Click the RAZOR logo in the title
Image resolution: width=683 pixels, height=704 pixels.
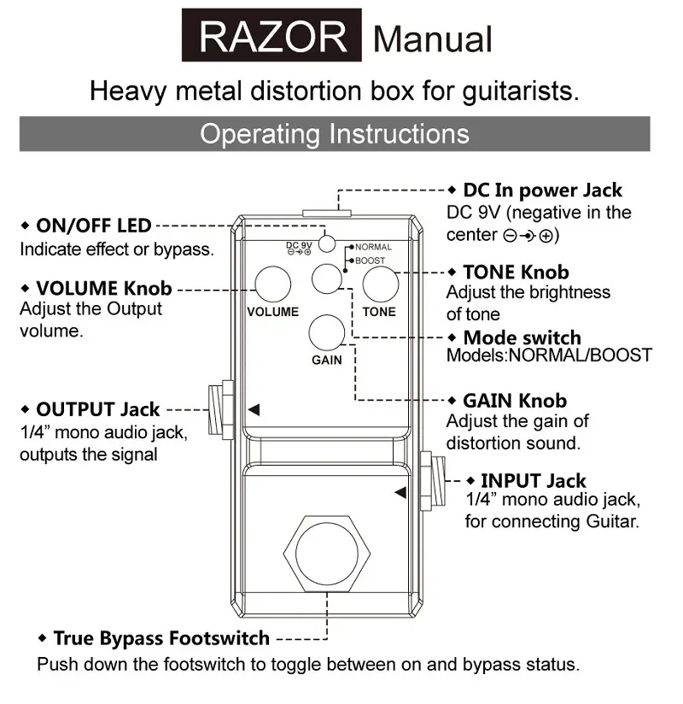[x=272, y=37]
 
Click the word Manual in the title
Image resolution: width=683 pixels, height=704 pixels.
[x=433, y=38]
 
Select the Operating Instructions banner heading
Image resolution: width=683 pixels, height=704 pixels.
[x=334, y=134]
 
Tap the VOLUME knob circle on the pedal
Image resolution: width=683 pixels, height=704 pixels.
[x=272, y=283]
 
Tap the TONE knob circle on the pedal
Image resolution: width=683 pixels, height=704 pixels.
[x=380, y=283]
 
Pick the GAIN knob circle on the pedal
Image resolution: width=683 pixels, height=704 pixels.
[x=326, y=332]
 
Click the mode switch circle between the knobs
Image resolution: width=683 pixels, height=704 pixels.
[x=327, y=278]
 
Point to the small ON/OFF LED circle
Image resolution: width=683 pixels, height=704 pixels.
[x=326, y=240]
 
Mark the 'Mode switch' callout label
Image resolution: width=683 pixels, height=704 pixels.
[x=522, y=337]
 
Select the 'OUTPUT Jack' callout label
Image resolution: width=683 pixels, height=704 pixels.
[x=97, y=410]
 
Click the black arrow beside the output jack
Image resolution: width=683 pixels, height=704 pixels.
[x=254, y=411]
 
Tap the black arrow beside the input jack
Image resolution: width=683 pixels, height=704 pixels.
[x=400, y=492]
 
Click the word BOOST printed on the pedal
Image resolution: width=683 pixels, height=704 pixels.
[x=371, y=260]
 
